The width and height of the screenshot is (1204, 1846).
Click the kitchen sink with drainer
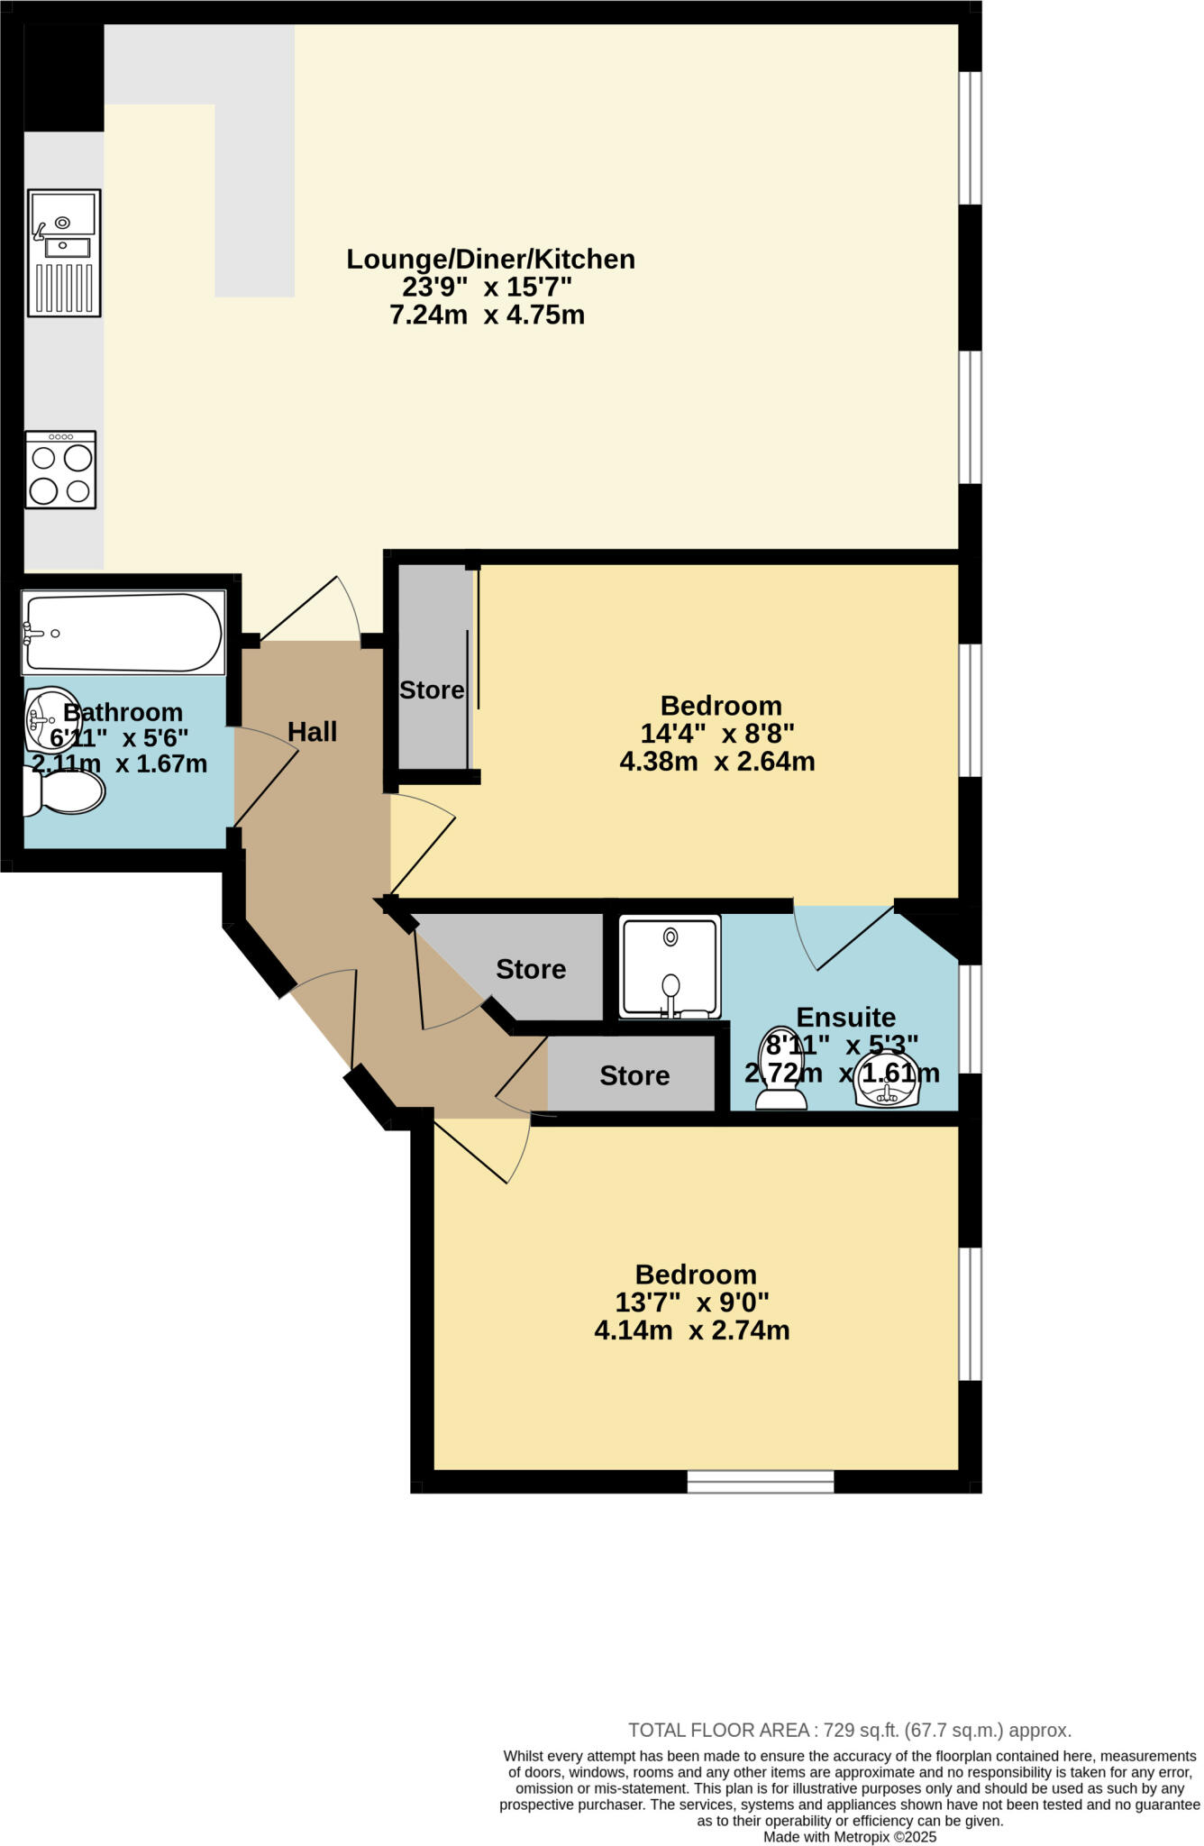tap(64, 253)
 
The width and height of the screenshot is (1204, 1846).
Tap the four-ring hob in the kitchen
tap(60, 470)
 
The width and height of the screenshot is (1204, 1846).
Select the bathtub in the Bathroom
tap(123, 632)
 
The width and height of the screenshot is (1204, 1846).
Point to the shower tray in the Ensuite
tap(670, 967)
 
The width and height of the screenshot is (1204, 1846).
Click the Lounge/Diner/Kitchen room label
tap(490, 260)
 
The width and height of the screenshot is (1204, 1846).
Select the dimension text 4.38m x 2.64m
tap(716, 762)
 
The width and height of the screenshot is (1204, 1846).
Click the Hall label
tap(312, 732)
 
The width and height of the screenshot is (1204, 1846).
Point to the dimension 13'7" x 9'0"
tap(691, 1302)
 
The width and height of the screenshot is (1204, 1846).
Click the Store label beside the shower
tap(531, 970)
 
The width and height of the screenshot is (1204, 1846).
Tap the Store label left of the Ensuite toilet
tap(634, 1076)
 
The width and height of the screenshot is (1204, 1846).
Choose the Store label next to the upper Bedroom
tap(432, 690)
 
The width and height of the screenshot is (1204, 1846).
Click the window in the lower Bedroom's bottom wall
tap(761, 1481)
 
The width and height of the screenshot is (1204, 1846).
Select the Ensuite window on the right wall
tap(969, 1019)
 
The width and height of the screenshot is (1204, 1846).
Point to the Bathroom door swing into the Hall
tap(267, 775)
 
